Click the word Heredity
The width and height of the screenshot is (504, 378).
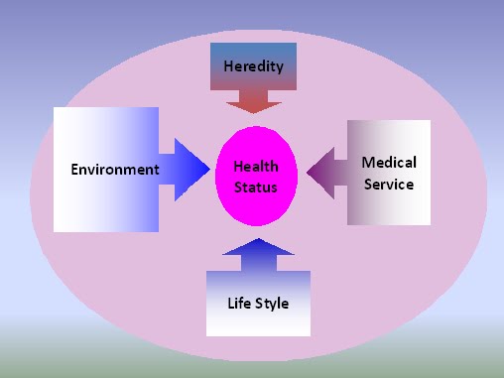coord(254,66)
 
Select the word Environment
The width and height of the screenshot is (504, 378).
coord(115,170)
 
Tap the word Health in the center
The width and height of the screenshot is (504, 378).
coord(256,167)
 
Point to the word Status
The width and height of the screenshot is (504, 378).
coord(256,188)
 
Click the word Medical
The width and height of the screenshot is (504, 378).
coord(389,163)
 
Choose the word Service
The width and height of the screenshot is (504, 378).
coord(389,185)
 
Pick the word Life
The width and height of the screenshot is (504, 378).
coord(239,303)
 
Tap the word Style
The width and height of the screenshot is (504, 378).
coord(271,304)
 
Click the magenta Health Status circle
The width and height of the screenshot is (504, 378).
coord(256,176)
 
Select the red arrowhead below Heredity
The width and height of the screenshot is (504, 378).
coord(254,107)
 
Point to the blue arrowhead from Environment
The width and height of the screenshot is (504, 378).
coord(191,170)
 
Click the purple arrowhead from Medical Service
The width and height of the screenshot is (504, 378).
coord(320,173)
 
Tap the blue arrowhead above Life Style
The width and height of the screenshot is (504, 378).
coord(258,247)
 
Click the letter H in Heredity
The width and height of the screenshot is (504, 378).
coord(228,66)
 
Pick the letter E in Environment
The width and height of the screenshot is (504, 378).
coord(74,170)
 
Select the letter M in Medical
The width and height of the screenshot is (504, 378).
coord(368,163)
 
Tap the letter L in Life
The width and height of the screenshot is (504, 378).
coord(231,303)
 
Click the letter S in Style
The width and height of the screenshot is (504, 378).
coord(258,303)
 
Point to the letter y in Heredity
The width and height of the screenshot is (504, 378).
coord(280,68)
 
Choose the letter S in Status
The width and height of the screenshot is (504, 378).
coord(238,188)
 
